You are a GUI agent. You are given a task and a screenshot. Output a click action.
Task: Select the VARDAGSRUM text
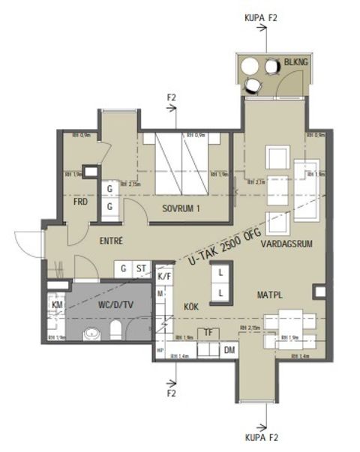pyautogui.click(x=287, y=244)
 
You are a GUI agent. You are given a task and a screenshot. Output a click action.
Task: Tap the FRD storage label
pyautogui.click(x=80, y=202)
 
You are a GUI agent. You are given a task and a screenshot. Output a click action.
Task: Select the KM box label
pyautogui.click(x=56, y=304)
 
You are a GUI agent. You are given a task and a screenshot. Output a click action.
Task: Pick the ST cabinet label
pyautogui.click(x=141, y=268)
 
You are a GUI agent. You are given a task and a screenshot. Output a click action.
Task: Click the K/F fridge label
pyautogui.click(x=164, y=277)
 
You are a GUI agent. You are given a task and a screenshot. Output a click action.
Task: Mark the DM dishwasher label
pyautogui.click(x=230, y=350)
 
